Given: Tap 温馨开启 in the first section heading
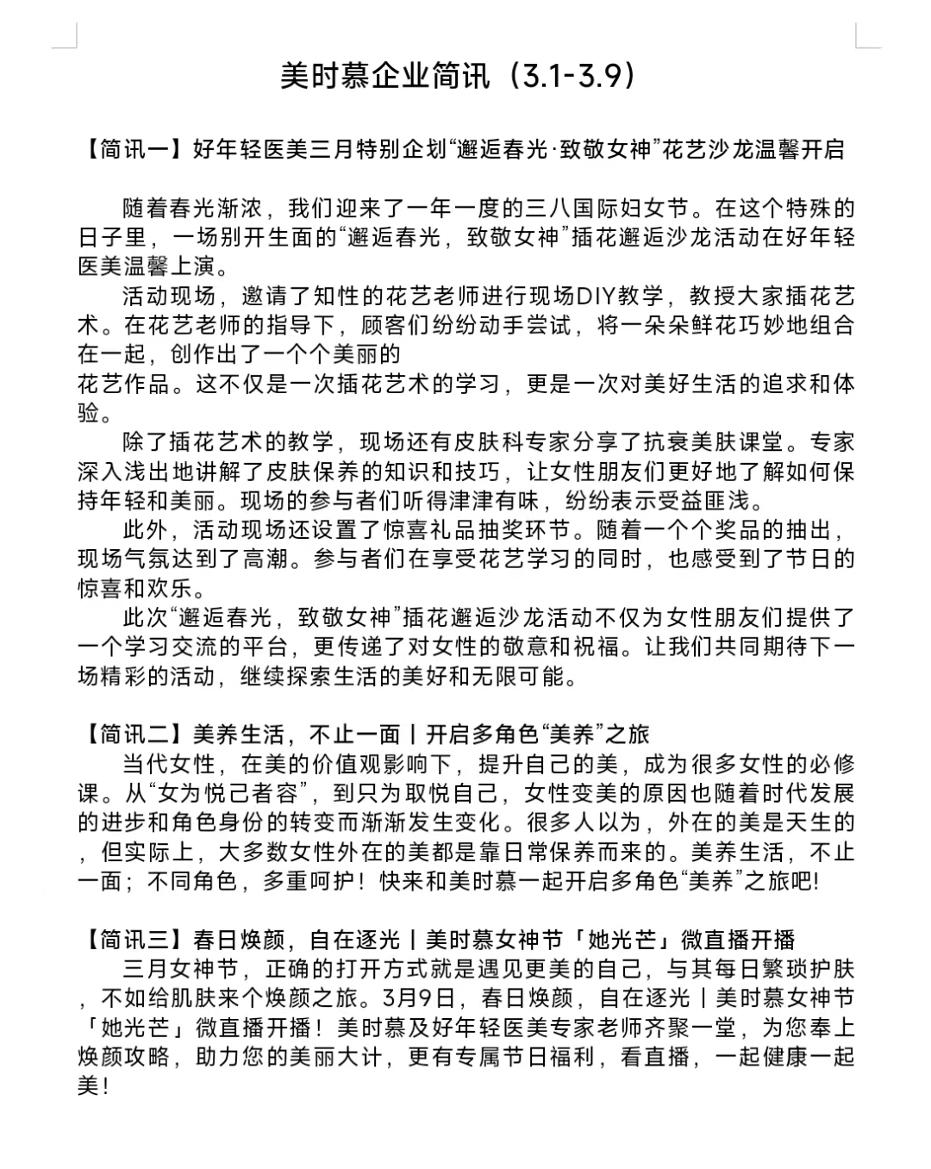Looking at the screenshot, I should (x=799, y=150).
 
